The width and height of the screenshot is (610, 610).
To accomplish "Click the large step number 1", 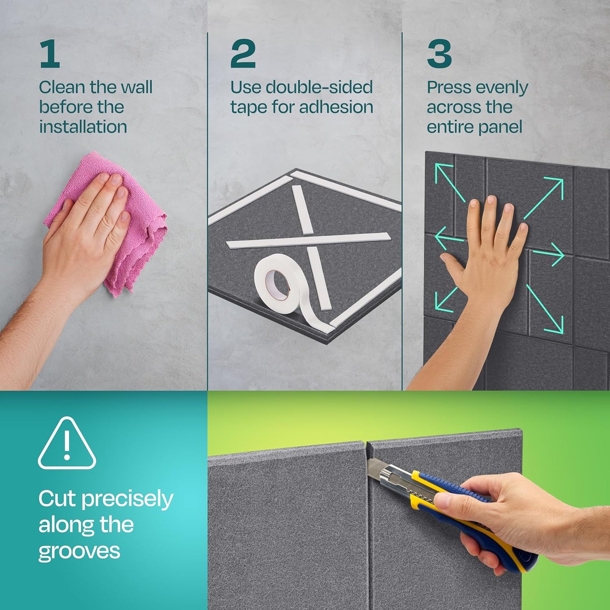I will pyautogui.click(x=50, y=54).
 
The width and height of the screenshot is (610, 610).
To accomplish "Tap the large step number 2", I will pyautogui.click(x=243, y=54).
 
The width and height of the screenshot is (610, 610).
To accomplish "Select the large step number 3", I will pyautogui.click(x=439, y=54).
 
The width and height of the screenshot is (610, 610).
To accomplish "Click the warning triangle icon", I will pyautogui.click(x=67, y=444).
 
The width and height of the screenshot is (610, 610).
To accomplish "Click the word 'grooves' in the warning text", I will pyautogui.click(x=79, y=551).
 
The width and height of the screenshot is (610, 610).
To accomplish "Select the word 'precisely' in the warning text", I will pyautogui.click(x=127, y=500).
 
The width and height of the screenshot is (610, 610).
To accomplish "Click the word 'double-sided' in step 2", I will pyautogui.click(x=319, y=87).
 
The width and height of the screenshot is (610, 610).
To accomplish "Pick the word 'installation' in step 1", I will pyautogui.click(x=83, y=127).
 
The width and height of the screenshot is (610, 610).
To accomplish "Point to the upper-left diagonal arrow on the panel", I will pyautogui.click(x=449, y=182).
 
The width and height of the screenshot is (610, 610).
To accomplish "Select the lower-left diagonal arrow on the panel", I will pyautogui.click(x=446, y=300).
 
